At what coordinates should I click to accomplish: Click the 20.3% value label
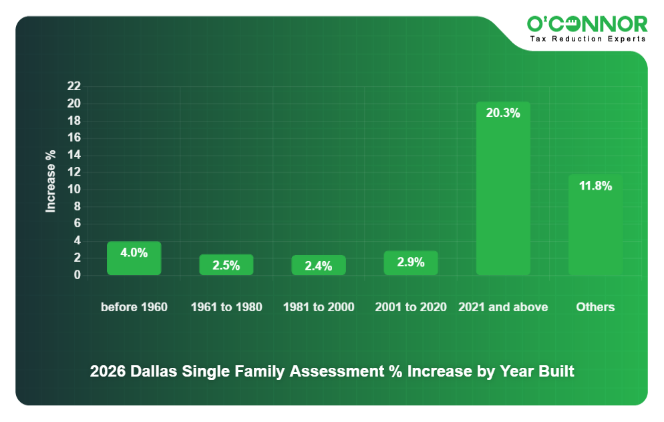503,114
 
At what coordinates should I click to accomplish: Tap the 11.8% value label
595,186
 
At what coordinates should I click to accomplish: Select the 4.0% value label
134,252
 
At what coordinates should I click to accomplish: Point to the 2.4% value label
319,266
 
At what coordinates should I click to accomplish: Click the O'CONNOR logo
587,24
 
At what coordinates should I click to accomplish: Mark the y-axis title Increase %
51,181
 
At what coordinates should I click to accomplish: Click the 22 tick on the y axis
73,86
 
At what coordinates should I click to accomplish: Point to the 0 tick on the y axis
77,275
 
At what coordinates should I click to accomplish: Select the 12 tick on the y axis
73,172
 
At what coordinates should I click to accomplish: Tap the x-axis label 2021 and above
503,307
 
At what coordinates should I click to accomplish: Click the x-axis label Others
595,307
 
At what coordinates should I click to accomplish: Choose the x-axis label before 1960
134,307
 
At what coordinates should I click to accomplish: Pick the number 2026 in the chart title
107,371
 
